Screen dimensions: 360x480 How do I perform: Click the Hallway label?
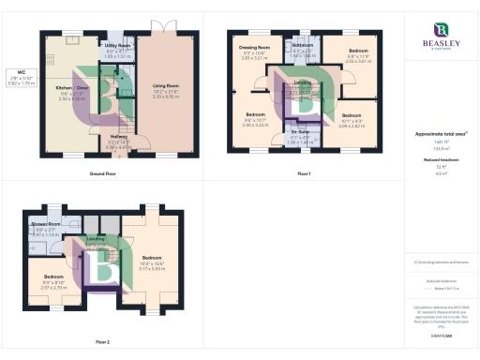click(x=118, y=136)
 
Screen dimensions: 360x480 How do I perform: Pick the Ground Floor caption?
click(x=102, y=174)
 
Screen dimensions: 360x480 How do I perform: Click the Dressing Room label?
click(x=255, y=48)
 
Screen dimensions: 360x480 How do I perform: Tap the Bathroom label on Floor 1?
click(x=302, y=45)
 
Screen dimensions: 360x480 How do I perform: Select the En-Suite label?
click(x=301, y=136)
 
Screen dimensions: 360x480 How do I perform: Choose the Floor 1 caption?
click(x=303, y=174)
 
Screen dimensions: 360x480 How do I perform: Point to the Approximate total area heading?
click(x=440, y=134)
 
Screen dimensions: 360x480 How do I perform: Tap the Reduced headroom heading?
click(x=440, y=160)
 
